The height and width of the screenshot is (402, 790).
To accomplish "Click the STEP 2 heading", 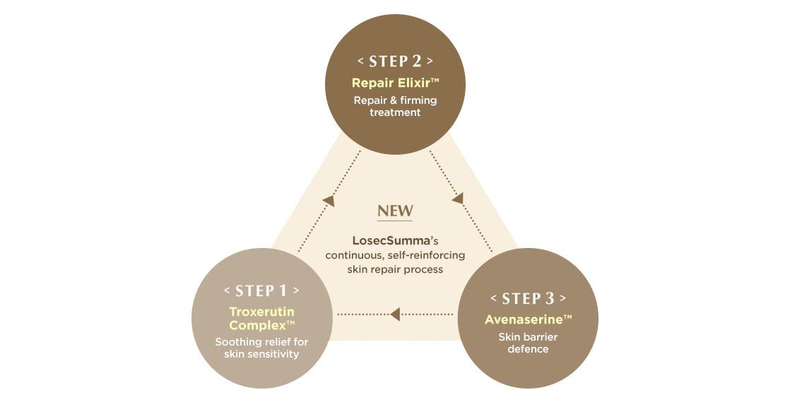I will coord(395,61).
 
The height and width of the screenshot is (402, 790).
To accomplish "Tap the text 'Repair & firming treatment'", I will coord(395,106).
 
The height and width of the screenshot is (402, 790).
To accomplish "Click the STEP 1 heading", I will coord(261,290).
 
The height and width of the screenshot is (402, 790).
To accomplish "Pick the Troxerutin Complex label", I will coord(261,318).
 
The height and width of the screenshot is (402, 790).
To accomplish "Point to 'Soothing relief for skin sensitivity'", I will coord(261,348).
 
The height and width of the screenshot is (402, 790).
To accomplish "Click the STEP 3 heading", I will coord(528,298).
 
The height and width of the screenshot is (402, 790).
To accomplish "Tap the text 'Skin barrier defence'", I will coord(528,343).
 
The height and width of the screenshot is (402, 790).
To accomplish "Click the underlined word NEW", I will coord(395,211).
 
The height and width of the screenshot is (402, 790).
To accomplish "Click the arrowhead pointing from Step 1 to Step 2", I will coord(328,201).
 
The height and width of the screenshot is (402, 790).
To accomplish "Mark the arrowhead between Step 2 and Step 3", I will coord(458,199).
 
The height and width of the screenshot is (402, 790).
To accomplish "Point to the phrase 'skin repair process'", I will coord(395,269).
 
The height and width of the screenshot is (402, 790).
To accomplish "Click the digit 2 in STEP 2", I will coord(416,61).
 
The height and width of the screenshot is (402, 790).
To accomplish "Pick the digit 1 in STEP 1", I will coord(283,290).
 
